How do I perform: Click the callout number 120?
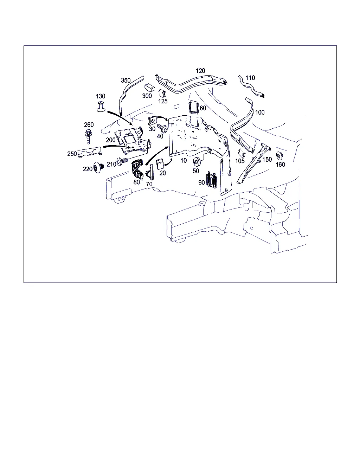[x=200, y=71]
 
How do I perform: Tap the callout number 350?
[x=126, y=80]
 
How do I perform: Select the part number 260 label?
[x=89, y=124]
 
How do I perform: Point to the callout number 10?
[x=184, y=160]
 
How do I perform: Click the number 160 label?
[x=280, y=165]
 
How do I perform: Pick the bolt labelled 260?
[x=89, y=136]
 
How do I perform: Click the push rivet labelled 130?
[x=101, y=107]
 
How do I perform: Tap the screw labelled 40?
[x=162, y=128]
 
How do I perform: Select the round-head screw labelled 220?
[x=98, y=167]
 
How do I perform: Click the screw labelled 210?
[x=122, y=161]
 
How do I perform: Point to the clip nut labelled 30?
[x=152, y=121]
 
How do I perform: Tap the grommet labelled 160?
[x=279, y=156]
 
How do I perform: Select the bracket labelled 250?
[x=90, y=152]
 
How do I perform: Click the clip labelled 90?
[x=212, y=180]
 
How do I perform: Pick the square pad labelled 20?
[x=160, y=164]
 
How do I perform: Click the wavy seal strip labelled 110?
[x=251, y=86]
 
